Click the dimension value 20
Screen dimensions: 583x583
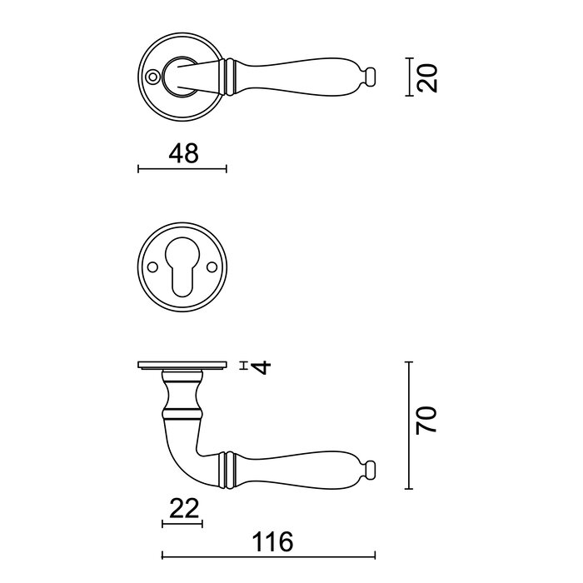[x=427, y=77]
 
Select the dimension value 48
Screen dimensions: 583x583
[x=183, y=153]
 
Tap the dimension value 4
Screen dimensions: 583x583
[x=262, y=366]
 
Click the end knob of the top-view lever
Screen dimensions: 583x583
[x=371, y=77]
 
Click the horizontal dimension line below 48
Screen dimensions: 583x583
[x=182, y=169]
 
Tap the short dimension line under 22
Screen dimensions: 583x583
[x=182, y=524]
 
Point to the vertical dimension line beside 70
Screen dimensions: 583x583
[x=407, y=426]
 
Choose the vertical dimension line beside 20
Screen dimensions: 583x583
[x=407, y=77]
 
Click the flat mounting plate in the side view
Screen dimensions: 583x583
[x=182, y=366]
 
